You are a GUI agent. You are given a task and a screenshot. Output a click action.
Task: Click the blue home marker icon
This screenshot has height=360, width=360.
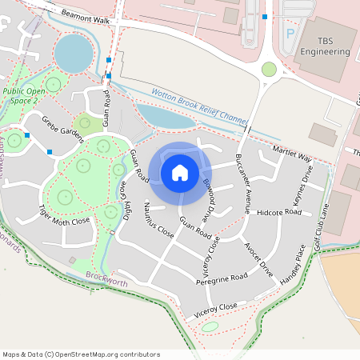[180, 171]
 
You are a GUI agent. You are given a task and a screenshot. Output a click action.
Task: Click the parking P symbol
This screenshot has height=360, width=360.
[290, 36]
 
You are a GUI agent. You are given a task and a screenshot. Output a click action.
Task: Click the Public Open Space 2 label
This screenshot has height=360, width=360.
[24, 96]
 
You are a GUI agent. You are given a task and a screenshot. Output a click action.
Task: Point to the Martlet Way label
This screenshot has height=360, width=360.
[292, 154]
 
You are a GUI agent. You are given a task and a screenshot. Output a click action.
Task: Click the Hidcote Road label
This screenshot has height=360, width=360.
[279, 213]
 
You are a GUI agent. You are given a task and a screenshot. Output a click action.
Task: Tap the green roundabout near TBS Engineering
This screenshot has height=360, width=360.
[269, 69]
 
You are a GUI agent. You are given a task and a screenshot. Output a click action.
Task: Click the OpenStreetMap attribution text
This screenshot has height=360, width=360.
[81, 354]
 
